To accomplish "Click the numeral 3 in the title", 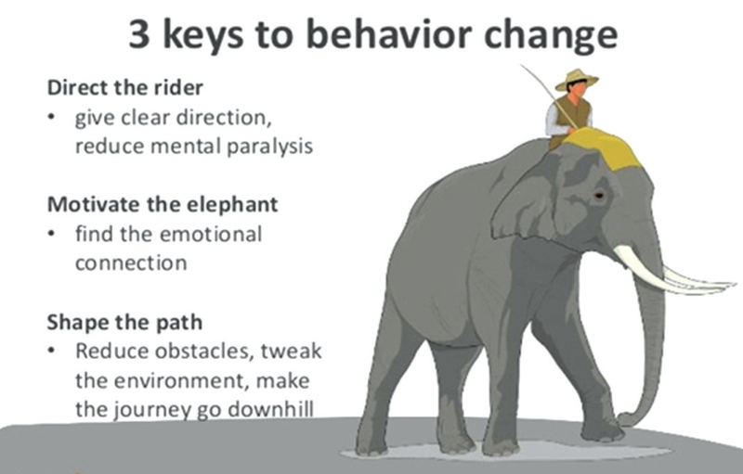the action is pos(139,35).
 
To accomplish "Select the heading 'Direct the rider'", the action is pos(125,87).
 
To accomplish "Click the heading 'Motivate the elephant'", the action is pos(163,204).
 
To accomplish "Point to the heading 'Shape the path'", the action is pos(124,322).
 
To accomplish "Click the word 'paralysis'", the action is pos(269,147).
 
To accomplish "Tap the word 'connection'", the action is pos(131,263).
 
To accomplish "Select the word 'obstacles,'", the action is pos(204,351).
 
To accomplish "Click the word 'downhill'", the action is pos(270,409).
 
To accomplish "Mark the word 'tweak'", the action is pos(292,351).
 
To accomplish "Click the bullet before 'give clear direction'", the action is pos(51,117).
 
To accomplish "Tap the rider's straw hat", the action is pos(577,79).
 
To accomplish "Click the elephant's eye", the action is pos(599,195).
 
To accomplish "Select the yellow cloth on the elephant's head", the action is pos(602,147).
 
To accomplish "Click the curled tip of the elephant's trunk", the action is pos(624,419).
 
